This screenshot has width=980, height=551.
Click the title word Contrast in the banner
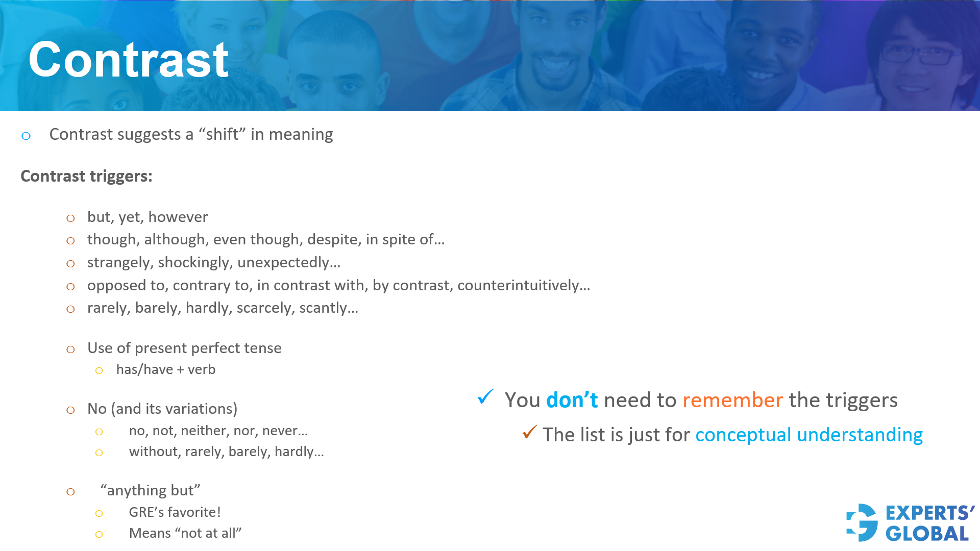128,60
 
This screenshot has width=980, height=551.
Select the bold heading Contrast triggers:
86,176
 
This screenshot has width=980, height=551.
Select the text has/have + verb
165,369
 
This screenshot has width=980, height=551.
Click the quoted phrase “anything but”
150,491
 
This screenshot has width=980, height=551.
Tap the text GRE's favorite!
175,512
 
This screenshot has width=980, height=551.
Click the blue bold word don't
572,400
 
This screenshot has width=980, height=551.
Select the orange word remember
732,400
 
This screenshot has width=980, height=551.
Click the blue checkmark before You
485,396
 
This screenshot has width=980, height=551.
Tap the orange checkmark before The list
529,432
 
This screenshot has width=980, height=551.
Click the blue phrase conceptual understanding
808,435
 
